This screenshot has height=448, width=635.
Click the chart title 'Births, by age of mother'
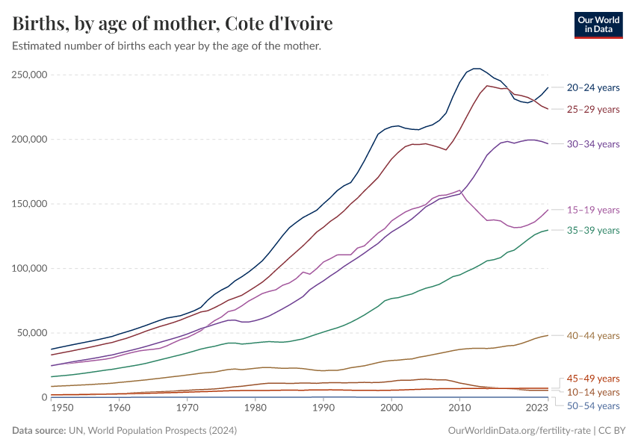pos(173,23)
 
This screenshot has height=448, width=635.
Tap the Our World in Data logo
pos(598,25)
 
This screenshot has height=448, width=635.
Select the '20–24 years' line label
pos(593,87)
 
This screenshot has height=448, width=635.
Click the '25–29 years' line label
pos(593,110)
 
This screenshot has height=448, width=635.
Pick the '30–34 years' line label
pos(593,144)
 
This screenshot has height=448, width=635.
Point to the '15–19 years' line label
pos(593,210)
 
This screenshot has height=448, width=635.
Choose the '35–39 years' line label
pos(593,230)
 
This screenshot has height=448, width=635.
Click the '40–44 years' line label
pos(593,336)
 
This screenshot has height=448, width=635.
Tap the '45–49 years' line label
pos(593,379)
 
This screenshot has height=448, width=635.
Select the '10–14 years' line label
pos(593,392)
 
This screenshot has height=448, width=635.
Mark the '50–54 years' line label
pos(593,405)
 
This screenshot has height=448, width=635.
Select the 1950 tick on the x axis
pos(62,408)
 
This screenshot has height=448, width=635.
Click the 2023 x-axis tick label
pos(537,408)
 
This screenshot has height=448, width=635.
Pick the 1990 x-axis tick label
pos(323,408)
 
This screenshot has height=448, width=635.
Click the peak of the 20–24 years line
pos(475,69)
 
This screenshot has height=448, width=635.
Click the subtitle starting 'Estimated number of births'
pos(167,46)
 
